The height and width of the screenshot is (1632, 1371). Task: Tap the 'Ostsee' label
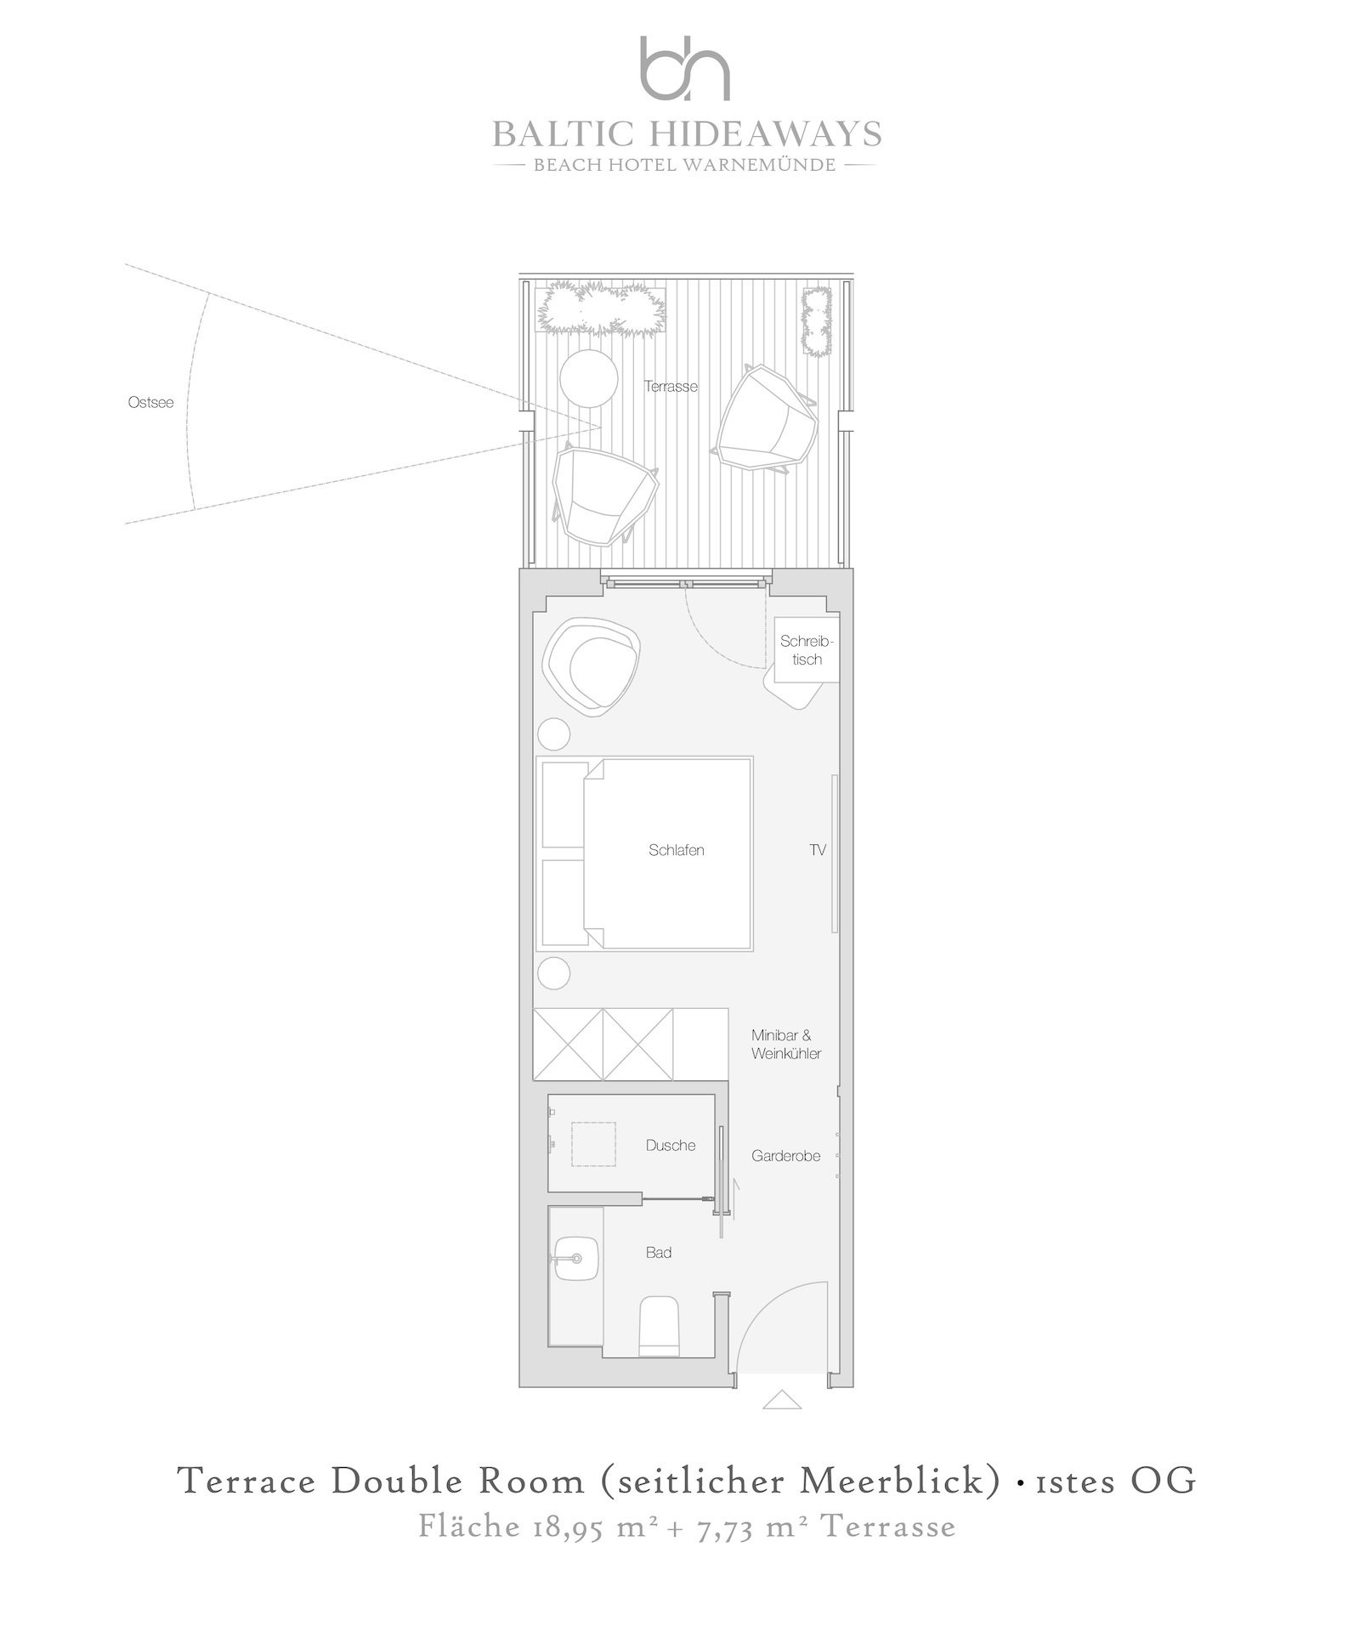point(150,402)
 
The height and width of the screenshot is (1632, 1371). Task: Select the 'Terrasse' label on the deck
point(671,387)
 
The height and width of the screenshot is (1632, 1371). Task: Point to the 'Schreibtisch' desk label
point(807,650)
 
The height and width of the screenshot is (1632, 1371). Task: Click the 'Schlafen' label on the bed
point(677,850)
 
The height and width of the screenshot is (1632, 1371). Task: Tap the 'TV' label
point(818,850)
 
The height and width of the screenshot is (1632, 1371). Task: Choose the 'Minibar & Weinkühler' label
point(786,1045)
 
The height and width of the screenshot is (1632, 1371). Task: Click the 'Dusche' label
point(671,1145)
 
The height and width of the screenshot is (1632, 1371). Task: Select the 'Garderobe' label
point(786,1156)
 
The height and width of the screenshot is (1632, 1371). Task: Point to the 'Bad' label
point(659,1252)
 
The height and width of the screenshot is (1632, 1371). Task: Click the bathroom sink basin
point(576,1261)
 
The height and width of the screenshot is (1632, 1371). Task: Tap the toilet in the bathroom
point(660,1325)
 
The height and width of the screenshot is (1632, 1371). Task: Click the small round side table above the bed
point(554,734)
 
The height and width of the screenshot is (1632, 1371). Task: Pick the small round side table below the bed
point(554,972)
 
